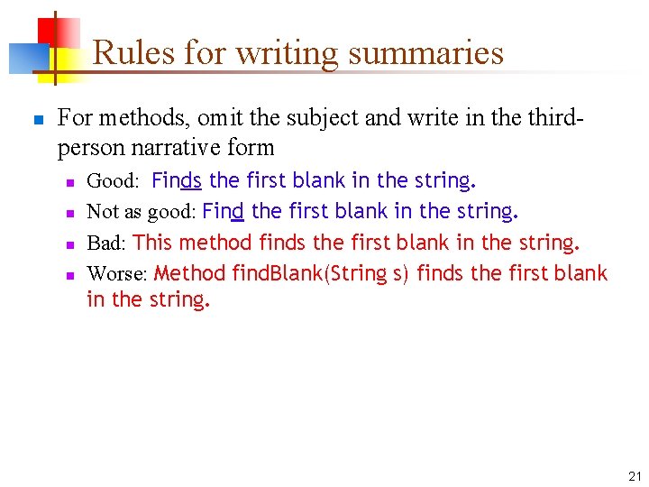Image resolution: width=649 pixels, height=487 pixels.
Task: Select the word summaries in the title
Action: pyautogui.click(x=425, y=52)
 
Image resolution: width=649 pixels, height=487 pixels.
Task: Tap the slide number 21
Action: pyautogui.click(x=635, y=476)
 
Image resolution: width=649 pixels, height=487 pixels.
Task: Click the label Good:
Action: pyautogui.click(x=113, y=181)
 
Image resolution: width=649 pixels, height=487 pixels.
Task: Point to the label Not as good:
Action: pyautogui.click(x=141, y=212)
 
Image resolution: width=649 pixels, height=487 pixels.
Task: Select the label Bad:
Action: pyautogui.click(x=106, y=243)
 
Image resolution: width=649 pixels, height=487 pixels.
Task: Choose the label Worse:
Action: pyautogui.click(x=117, y=273)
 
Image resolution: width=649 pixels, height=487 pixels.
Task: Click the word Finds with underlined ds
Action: pyautogui.click(x=177, y=180)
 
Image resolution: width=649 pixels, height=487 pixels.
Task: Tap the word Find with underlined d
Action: pyautogui.click(x=224, y=211)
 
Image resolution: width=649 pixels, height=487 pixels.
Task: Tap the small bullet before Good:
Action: pyautogui.click(x=69, y=182)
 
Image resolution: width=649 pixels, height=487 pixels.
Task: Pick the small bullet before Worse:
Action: pyautogui.click(x=69, y=274)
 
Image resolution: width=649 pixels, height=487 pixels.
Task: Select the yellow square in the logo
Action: pyautogui.click(x=62, y=61)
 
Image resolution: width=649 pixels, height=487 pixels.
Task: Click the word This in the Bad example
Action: pyautogui.click(x=152, y=242)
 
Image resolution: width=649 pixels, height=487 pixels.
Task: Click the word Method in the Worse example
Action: pyautogui.click(x=190, y=272)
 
